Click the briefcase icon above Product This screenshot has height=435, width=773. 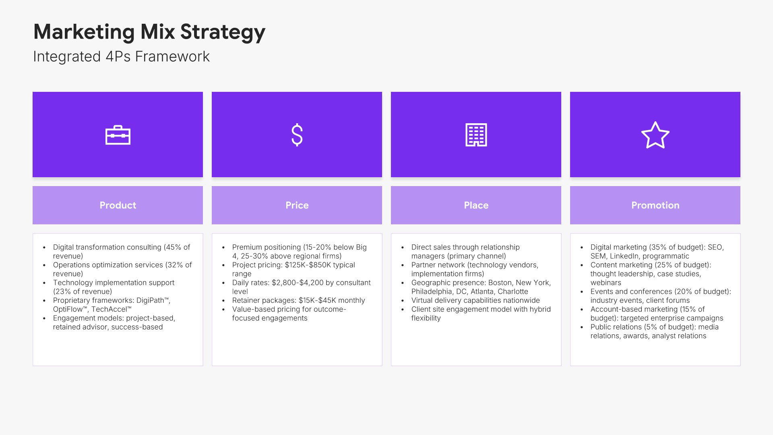(118, 135)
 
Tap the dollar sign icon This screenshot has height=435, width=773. (297, 135)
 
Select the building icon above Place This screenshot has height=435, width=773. (476, 135)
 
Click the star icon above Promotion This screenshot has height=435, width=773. (655, 135)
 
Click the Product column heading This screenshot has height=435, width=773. (118, 205)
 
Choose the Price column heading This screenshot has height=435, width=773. (297, 205)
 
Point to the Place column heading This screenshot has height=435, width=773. (476, 205)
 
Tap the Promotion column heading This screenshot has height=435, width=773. (655, 205)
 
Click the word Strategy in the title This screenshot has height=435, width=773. (223, 32)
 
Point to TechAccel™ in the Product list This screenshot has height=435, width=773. (111, 309)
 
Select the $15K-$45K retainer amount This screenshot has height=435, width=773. (317, 300)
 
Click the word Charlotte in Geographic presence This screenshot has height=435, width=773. (513, 292)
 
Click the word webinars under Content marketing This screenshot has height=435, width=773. (606, 283)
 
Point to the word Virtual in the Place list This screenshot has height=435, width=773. (422, 300)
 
